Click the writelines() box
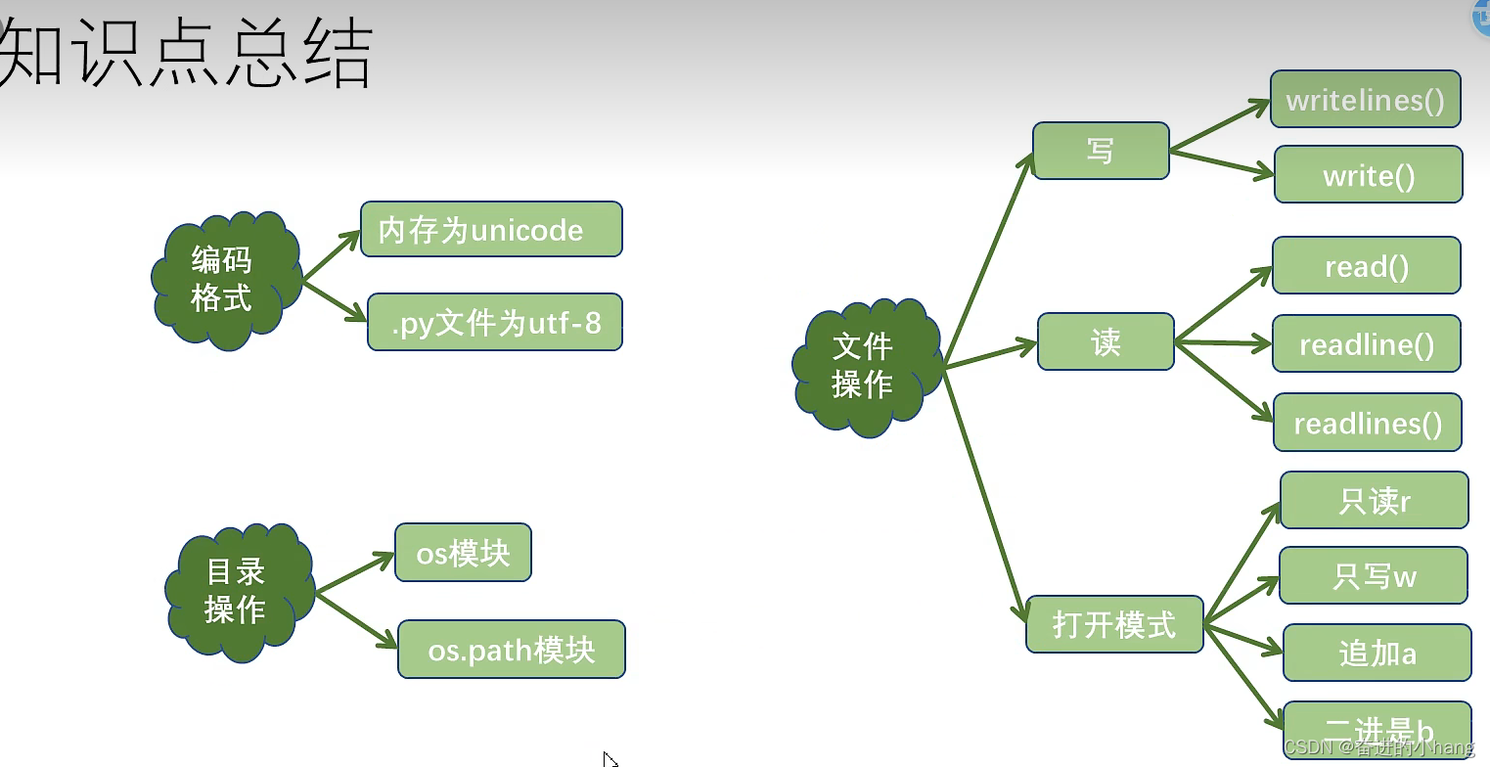tap(1365, 100)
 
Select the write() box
tap(1368, 175)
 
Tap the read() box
tap(1366, 265)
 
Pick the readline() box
tap(1366, 343)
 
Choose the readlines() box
tap(1367, 423)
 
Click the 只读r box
tap(1374, 500)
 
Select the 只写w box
tap(1374, 575)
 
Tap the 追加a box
tap(1377, 653)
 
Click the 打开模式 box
tap(1114, 624)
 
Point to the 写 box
tap(1101, 151)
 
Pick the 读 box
tap(1106, 341)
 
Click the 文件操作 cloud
tap(863, 366)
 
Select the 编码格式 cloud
tap(223, 279)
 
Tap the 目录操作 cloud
tap(236, 591)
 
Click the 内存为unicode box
tap(491, 229)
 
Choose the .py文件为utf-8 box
tap(495, 322)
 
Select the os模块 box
tap(463, 553)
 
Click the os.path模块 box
tap(511, 649)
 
